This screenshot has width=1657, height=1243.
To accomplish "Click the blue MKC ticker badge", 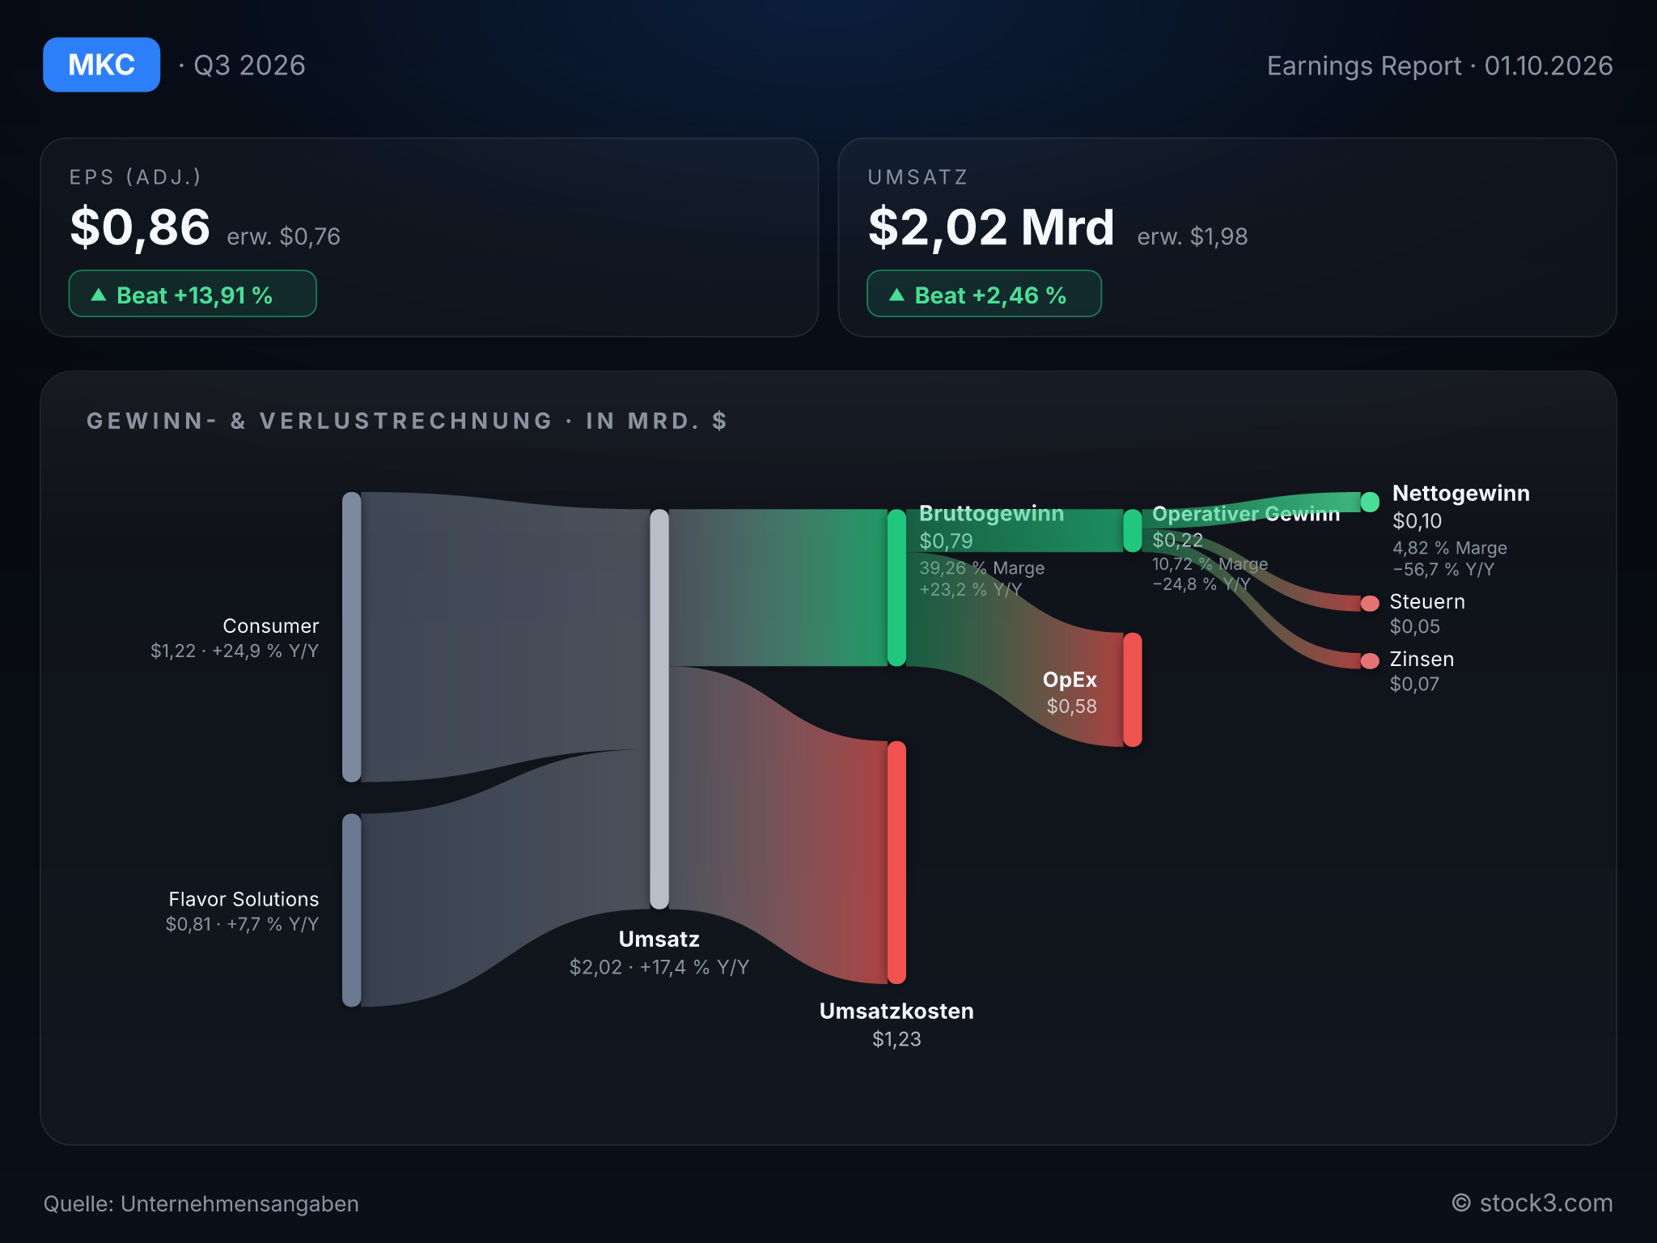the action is (x=101, y=65).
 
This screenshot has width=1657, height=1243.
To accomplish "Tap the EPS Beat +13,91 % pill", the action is (x=193, y=294).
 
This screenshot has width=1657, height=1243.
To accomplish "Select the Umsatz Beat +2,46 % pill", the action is (x=984, y=294).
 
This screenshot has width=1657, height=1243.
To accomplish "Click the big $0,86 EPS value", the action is (x=140, y=227).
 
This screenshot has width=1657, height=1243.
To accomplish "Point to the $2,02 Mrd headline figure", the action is (x=991, y=227).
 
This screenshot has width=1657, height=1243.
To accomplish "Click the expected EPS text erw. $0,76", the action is (x=284, y=236).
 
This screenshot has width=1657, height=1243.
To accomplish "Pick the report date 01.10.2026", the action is (x=1549, y=66).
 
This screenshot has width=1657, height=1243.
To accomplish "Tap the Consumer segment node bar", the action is (x=352, y=637).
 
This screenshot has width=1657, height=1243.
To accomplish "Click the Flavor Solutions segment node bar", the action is (x=352, y=910).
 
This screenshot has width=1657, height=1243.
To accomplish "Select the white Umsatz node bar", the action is (x=659, y=709).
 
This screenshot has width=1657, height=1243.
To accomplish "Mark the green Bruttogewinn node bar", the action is (x=896, y=588).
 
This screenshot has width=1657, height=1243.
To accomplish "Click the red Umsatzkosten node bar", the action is (x=896, y=863).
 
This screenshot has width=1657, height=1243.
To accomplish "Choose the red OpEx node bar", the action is (x=1133, y=689).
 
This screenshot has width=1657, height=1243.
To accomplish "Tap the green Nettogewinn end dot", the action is (x=1370, y=502).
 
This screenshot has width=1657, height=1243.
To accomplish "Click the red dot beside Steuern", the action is (x=1370, y=603).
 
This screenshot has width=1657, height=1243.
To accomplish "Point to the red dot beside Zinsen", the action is (x=1370, y=661).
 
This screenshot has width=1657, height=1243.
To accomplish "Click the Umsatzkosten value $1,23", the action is (x=896, y=1039).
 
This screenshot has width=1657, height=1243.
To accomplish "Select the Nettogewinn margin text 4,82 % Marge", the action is (x=1450, y=548).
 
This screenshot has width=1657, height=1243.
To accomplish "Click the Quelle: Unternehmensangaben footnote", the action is (x=201, y=1203).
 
